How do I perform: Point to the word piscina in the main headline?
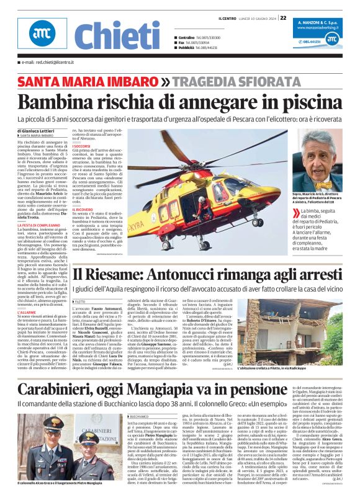coord(307,100)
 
